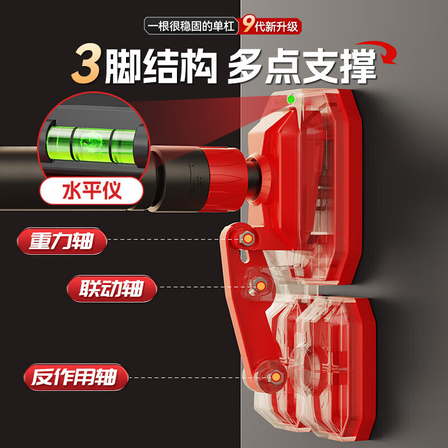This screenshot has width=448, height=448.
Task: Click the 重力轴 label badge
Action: (62, 241)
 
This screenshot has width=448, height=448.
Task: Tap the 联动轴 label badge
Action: (111, 288)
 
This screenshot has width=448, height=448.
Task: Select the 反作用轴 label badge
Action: (76, 377)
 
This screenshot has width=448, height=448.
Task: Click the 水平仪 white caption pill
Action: (91, 190)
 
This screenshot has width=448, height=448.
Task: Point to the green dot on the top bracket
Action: (291, 99)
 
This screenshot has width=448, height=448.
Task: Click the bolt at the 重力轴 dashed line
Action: (248, 239)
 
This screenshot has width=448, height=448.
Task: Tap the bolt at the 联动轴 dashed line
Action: (260, 286)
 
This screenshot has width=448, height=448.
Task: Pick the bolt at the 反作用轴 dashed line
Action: (276, 377)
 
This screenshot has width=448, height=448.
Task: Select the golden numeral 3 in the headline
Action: (86, 63)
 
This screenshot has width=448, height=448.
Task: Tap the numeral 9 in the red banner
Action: (248, 25)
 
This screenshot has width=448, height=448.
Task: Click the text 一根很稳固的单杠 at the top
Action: (191, 26)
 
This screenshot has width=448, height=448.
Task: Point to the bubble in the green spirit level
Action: (90, 142)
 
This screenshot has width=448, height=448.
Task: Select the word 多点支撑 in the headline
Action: (301, 66)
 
